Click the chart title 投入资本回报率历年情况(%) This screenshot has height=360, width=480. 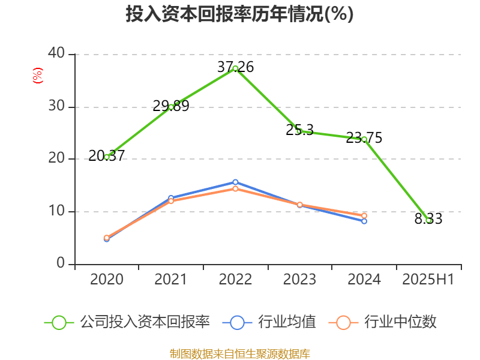pyautogui.click(x=239, y=14)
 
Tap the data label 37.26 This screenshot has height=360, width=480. pyautogui.click(x=235, y=67)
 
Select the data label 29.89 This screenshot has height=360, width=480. pyautogui.click(x=171, y=106)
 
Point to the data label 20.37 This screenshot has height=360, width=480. pyautogui.click(x=106, y=156)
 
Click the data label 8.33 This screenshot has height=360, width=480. pyautogui.click(x=428, y=220)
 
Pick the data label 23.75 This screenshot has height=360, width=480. pyautogui.click(x=364, y=138)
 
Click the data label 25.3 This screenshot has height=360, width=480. pyautogui.click(x=299, y=130)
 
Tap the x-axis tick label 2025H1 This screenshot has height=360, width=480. pyautogui.click(x=428, y=280)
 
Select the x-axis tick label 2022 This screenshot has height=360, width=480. pyautogui.click(x=235, y=280)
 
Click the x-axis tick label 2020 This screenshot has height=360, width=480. pyautogui.click(x=106, y=280)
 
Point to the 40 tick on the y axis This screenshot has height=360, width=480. pyautogui.click(x=57, y=54)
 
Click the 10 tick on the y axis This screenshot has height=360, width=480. pyautogui.click(x=57, y=211)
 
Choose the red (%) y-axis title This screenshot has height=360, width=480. pyautogui.click(x=37, y=76)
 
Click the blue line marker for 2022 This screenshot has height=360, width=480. pyautogui.click(x=235, y=182)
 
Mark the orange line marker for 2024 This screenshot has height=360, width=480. pyautogui.click(x=364, y=215)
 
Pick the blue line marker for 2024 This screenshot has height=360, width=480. pyautogui.click(x=364, y=221)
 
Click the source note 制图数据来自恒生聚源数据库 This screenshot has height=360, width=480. pyautogui.click(x=239, y=353)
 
